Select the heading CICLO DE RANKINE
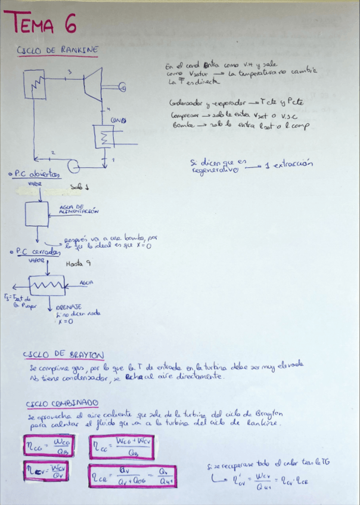(58, 51)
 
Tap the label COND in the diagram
(117, 120)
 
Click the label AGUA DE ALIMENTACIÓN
(79, 208)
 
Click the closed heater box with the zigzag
(46, 286)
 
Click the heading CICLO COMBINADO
(63, 404)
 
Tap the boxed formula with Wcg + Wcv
(123, 446)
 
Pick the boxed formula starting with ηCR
(132, 475)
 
